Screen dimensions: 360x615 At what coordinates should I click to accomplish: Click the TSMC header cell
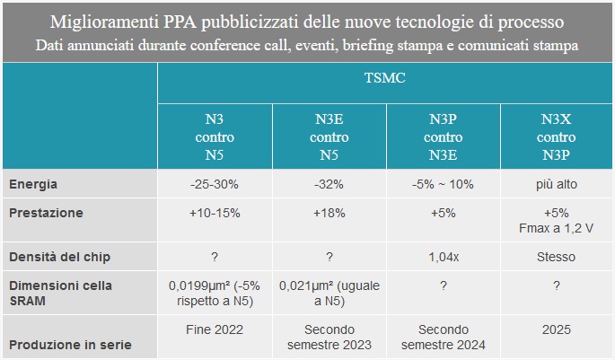[x=386, y=79]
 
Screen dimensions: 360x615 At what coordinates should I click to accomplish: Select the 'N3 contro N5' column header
[x=215, y=137]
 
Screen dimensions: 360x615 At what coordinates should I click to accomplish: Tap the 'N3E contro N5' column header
[x=329, y=137]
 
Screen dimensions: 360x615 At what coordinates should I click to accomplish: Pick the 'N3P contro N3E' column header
[x=444, y=137]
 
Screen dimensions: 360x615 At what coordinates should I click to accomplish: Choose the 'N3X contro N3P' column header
[x=557, y=137]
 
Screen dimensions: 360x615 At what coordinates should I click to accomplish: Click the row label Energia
[x=33, y=184]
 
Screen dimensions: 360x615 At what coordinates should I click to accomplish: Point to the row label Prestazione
[x=46, y=213]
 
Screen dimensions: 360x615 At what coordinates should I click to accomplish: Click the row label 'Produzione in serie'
[x=70, y=345]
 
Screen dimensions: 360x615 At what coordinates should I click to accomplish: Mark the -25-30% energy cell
[x=215, y=184]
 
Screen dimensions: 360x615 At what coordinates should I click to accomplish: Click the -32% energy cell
[x=329, y=184]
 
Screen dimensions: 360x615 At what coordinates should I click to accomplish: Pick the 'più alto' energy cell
[x=557, y=184]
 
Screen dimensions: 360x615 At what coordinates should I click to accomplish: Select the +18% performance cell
[x=329, y=213]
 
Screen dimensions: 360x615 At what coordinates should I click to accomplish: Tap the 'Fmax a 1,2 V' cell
[x=557, y=228]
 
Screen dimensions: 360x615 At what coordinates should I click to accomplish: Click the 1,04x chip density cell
[x=444, y=257]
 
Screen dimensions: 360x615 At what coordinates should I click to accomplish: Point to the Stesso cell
[x=557, y=257]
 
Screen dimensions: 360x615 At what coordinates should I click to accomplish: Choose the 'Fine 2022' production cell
[x=215, y=329]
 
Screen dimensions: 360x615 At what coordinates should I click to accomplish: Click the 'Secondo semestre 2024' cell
[x=444, y=338]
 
